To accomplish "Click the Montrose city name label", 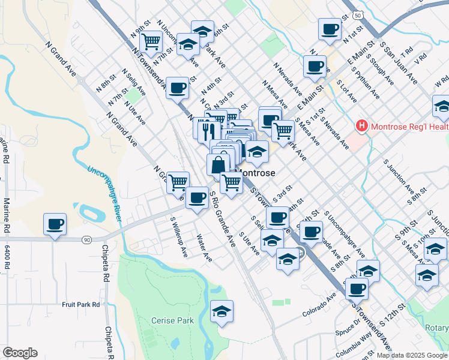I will [257, 173].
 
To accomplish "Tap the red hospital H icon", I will [362, 126].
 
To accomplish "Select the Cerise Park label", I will [172, 320].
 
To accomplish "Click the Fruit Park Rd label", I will [81, 304].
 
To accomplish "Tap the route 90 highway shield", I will [88, 240].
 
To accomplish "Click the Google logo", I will [20, 353].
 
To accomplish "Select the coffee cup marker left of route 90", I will [55, 224].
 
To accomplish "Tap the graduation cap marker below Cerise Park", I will [221, 311].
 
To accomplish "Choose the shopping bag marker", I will [219, 164].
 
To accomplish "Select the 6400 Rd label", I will [7, 257].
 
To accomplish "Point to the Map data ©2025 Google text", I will [412, 355].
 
